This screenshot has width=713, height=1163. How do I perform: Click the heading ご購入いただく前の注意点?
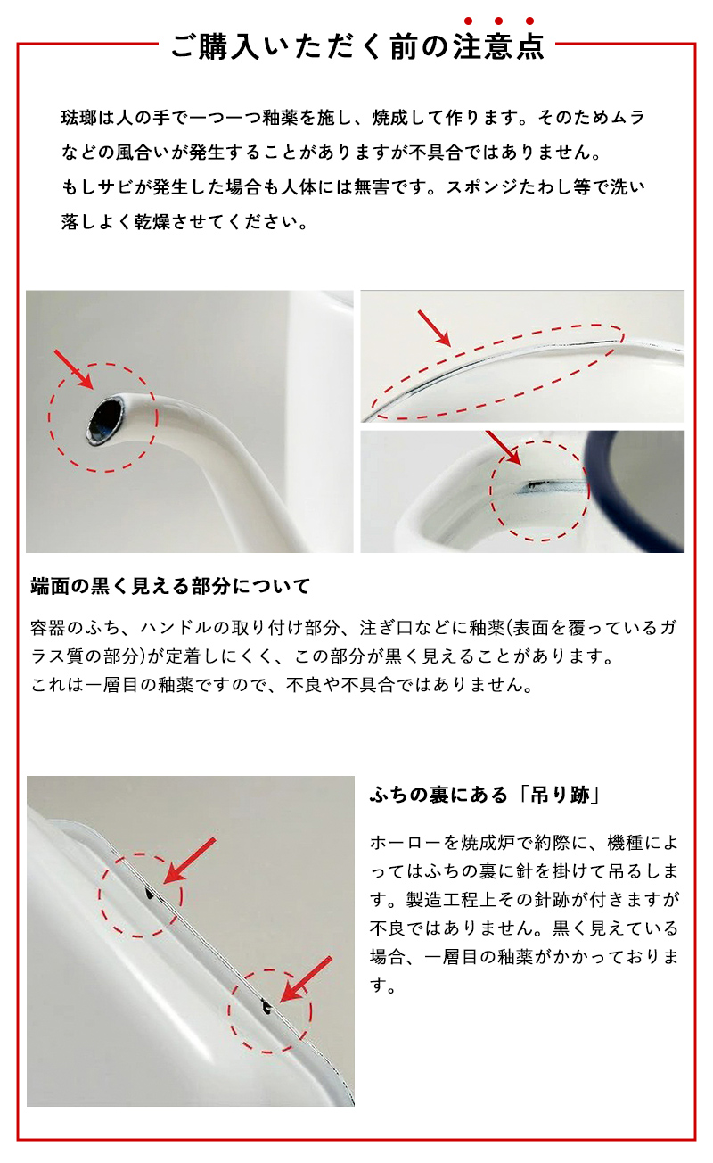point(357,46)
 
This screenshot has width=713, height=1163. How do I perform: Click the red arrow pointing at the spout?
point(74,369)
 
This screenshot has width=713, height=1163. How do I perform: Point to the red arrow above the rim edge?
point(434,328)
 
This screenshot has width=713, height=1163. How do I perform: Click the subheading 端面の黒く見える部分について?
point(170,586)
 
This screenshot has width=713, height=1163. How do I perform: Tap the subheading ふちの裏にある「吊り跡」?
point(484,795)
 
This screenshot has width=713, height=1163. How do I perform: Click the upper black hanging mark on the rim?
point(150,893)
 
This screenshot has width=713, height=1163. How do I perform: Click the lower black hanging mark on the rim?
point(266,1007)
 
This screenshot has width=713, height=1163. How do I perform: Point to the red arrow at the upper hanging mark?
point(190,860)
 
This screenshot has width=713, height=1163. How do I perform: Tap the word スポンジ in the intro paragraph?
point(481,187)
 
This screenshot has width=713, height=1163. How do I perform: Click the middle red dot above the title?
point(499,21)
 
